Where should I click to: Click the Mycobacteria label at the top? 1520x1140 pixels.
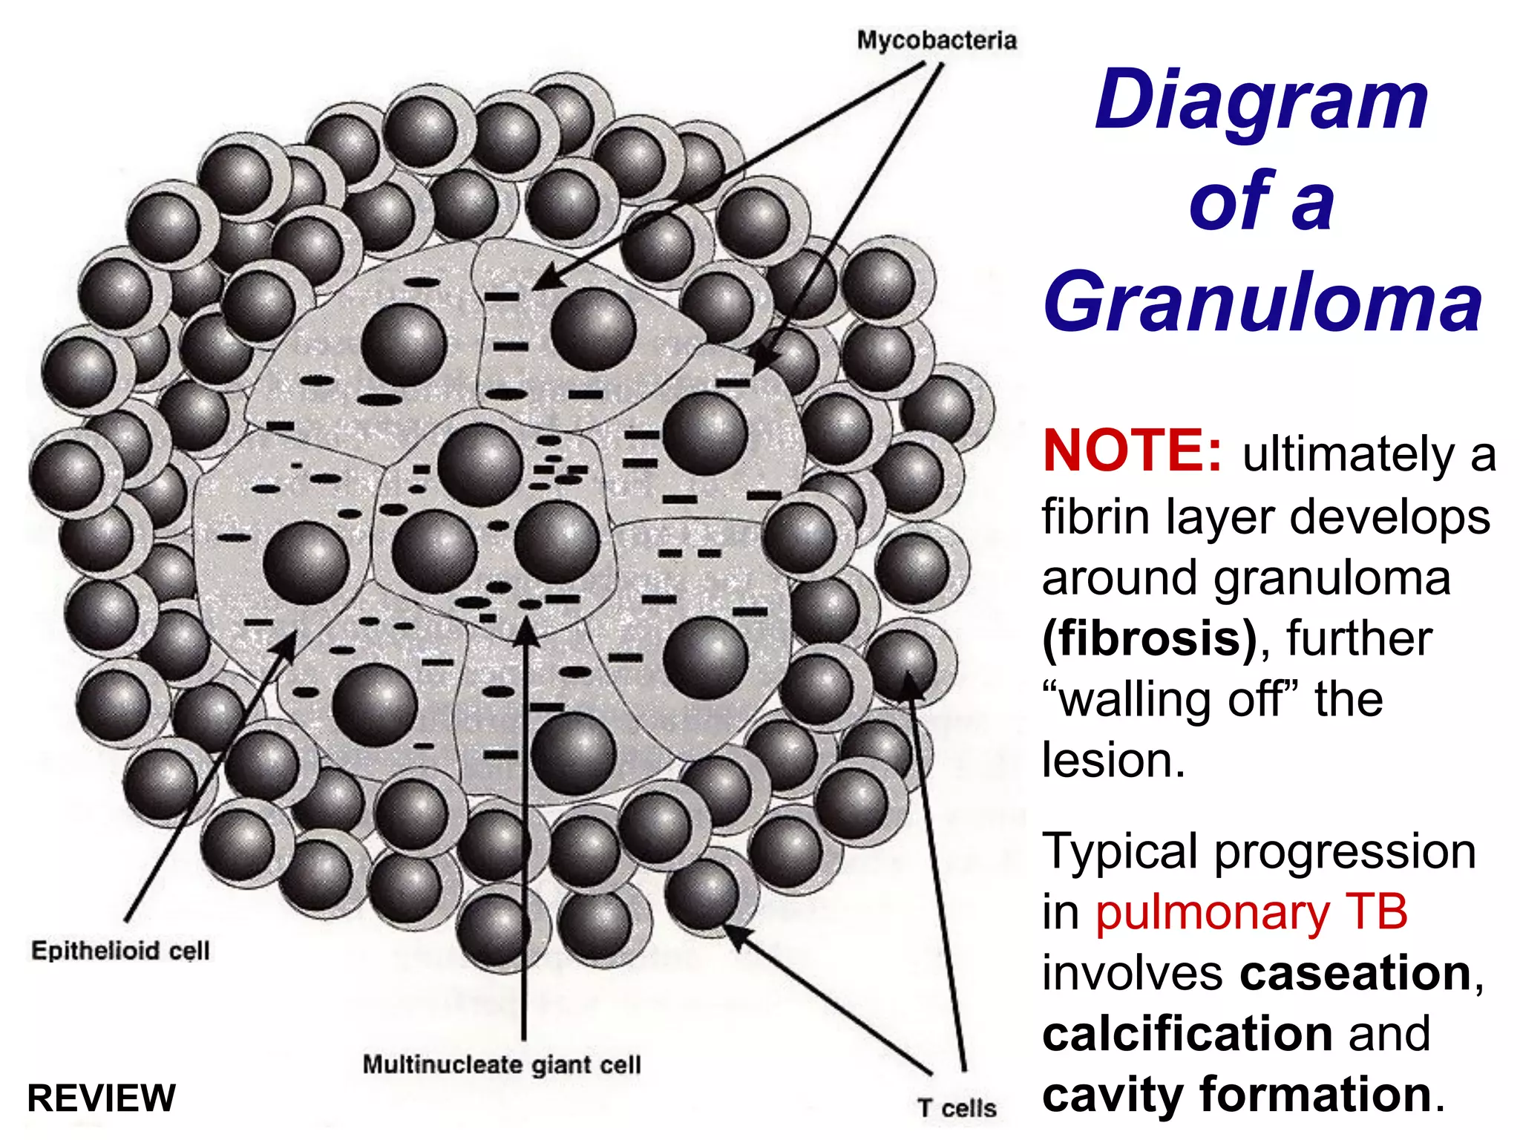tap(937, 41)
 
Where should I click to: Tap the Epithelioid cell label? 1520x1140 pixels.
tap(120, 951)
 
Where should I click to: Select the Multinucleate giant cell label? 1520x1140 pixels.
tap(502, 1064)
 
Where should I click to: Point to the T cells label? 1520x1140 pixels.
tap(957, 1108)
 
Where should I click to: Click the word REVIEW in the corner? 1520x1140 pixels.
tap(101, 1098)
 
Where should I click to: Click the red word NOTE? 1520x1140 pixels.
tap(1132, 451)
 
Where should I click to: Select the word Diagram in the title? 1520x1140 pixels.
tap(1262, 100)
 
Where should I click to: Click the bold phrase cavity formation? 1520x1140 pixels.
tap(1236, 1094)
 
